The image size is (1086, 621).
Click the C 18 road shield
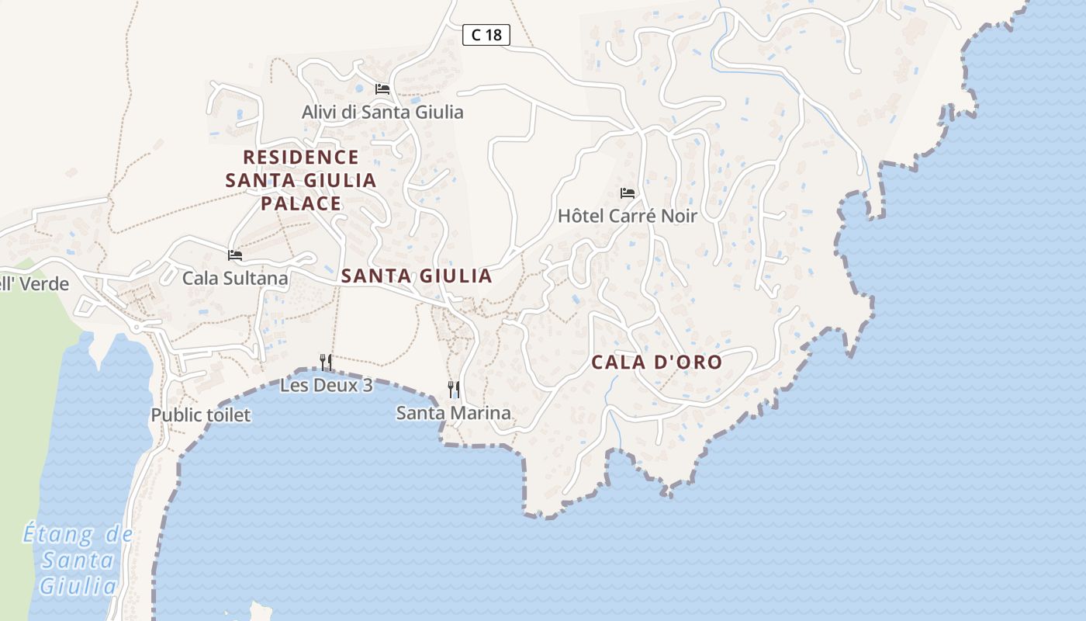tap(486, 35)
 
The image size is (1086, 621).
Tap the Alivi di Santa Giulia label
tap(382, 113)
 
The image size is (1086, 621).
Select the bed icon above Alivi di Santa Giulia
tap(382, 89)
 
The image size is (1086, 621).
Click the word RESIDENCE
tap(301, 158)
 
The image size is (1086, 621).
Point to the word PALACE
tap(301, 204)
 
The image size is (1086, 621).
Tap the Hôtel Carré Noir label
tap(628, 216)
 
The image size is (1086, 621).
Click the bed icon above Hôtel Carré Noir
tap(628, 193)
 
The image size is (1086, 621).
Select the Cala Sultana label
tap(235, 278)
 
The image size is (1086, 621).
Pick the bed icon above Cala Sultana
tap(235, 255)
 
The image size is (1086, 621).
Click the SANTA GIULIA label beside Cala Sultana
tap(417, 276)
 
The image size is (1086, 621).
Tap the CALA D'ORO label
tap(656, 363)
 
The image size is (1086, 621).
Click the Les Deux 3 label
tap(326, 385)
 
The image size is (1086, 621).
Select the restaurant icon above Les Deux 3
tap(326, 362)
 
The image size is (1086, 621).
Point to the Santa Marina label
tap(454, 413)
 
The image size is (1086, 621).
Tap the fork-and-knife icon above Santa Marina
tap(454, 390)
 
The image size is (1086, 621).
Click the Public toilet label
tap(201, 415)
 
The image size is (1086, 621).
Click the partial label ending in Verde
tap(34, 284)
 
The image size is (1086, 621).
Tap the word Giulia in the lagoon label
tap(78, 585)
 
